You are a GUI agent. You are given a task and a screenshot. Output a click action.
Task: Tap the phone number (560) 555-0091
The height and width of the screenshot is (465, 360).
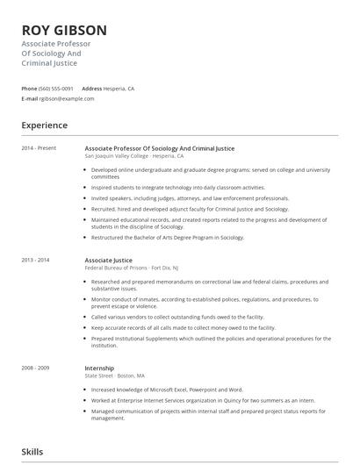click(56, 89)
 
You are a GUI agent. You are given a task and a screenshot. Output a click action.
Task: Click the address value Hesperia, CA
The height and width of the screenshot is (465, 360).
click(119, 89)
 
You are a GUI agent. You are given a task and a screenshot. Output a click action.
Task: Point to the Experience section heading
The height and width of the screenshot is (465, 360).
click(45, 125)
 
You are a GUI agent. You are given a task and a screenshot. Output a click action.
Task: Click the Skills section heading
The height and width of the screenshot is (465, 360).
click(32, 452)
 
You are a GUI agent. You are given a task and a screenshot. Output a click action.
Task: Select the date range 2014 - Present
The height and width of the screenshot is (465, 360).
click(39, 148)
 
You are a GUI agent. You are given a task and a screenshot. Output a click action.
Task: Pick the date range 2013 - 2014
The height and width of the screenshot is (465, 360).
click(35, 261)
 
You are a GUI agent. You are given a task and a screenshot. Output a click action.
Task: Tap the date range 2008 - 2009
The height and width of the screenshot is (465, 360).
click(35, 368)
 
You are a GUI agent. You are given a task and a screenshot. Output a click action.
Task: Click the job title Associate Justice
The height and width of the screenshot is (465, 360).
click(108, 261)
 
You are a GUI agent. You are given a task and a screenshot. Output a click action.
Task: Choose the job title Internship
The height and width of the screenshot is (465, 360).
click(99, 368)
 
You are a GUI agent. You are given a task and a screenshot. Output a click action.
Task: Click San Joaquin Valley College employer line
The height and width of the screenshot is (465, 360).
click(134, 155)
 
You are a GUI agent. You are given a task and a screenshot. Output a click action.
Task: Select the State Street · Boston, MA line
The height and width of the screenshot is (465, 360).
click(115, 376)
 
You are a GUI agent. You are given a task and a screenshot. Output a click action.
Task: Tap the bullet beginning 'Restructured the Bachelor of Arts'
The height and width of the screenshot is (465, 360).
click(168, 238)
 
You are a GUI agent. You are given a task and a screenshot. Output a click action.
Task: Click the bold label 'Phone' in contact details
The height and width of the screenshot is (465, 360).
click(29, 89)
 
